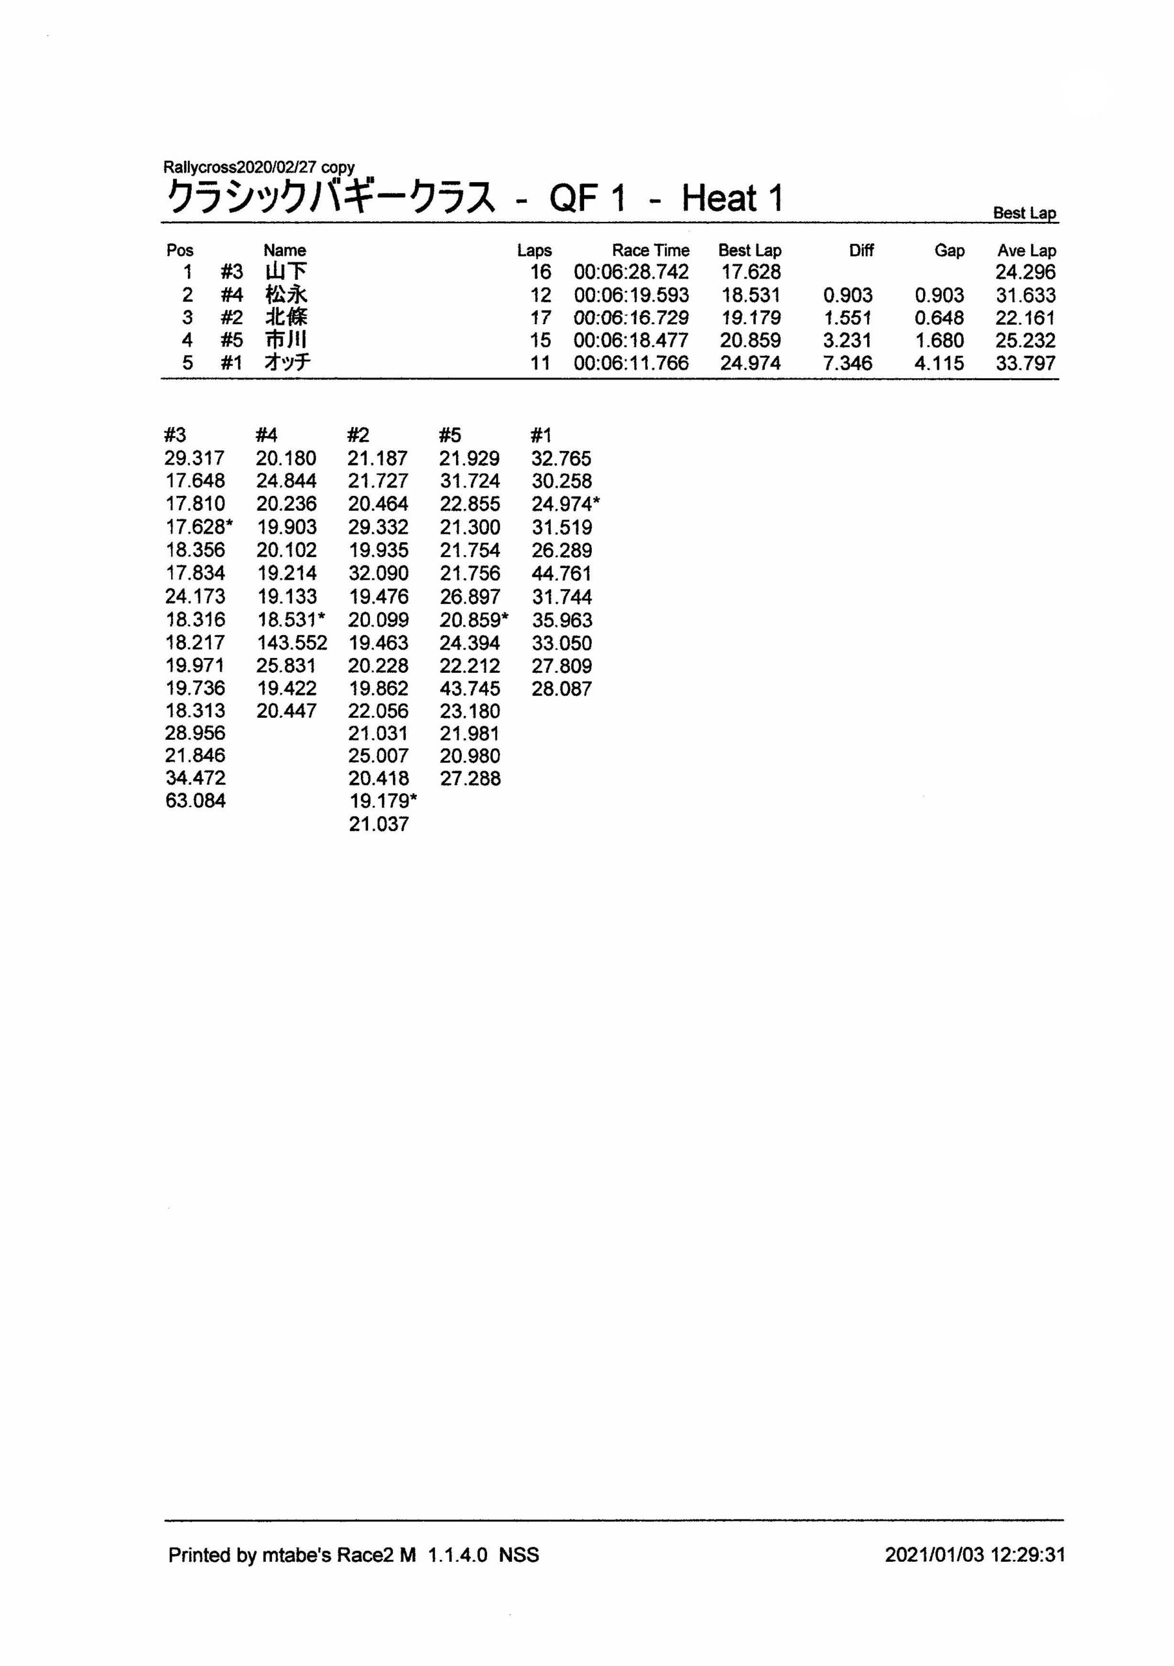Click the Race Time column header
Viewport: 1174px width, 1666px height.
[650, 251]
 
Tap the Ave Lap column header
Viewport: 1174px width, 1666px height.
[1026, 251]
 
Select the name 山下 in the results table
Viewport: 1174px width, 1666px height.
[286, 272]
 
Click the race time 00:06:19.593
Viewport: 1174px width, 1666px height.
[631, 295]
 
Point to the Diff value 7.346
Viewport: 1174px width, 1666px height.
[847, 362]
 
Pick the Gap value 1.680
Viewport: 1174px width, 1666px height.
[939, 340]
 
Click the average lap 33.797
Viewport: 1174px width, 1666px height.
[1025, 362]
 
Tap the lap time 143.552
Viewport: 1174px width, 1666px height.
[291, 642]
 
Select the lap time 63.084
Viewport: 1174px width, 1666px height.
[195, 800]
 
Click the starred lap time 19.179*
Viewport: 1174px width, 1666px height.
[383, 800]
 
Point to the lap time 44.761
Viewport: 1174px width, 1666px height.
[561, 573]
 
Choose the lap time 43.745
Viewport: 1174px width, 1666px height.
[469, 688]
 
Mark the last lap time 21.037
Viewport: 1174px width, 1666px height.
[379, 824]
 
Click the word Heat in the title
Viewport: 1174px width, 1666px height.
[719, 198]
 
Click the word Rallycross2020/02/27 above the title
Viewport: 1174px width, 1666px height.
[239, 167]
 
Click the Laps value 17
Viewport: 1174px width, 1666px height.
[540, 318]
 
